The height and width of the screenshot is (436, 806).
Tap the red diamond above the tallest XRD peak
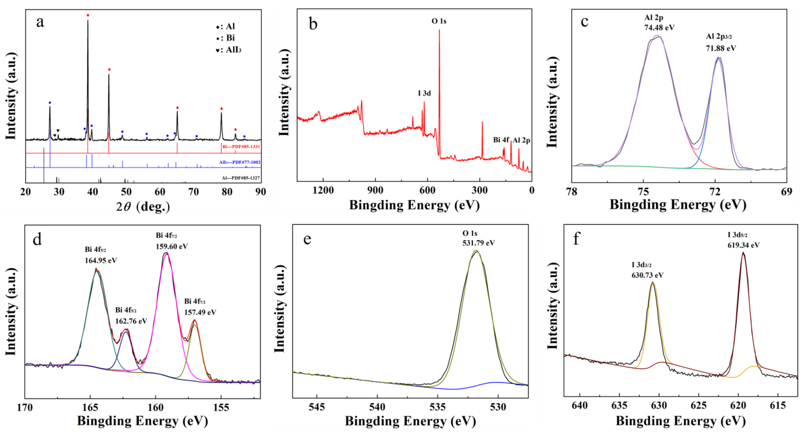coord(88,15)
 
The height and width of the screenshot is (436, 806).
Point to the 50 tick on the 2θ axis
coord(126,192)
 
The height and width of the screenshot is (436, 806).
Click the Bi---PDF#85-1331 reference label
coord(241,146)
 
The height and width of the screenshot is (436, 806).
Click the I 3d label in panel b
coord(424,93)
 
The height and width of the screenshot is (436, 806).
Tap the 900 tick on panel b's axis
coord(375,190)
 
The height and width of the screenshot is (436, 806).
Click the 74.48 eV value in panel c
coord(659,28)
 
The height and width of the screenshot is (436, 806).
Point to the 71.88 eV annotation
coord(721,48)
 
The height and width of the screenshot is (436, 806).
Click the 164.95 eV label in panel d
coord(101,260)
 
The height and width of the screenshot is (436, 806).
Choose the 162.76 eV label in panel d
coord(131,321)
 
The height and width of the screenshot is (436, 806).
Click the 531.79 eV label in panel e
coord(479,243)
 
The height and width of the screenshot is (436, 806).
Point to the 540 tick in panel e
coord(377,407)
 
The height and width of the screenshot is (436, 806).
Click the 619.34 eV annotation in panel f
coord(743,245)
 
